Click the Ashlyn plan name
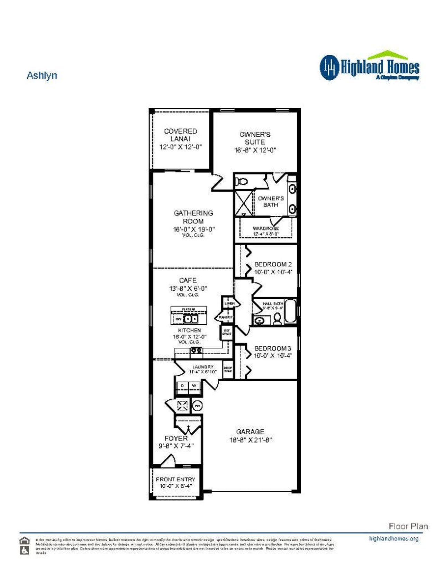click(x=42, y=75)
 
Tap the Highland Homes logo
click(x=369, y=66)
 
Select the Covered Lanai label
click(x=180, y=135)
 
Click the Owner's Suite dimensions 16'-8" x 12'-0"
click(x=255, y=150)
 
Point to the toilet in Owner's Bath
click(x=241, y=181)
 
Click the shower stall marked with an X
click(x=244, y=202)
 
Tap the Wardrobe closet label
click(x=266, y=229)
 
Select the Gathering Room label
click(x=193, y=217)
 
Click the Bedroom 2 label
click(x=273, y=264)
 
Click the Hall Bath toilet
click(x=277, y=319)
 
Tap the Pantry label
click(x=225, y=317)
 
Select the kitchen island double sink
click(x=191, y=319)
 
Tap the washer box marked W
click(x=194, y=385)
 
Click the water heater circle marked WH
click(x=197, y=406)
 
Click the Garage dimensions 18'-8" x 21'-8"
click(x=250, y=440)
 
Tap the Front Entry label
click(x=175, y=479)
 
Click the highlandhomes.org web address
click(x=394, y=538)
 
